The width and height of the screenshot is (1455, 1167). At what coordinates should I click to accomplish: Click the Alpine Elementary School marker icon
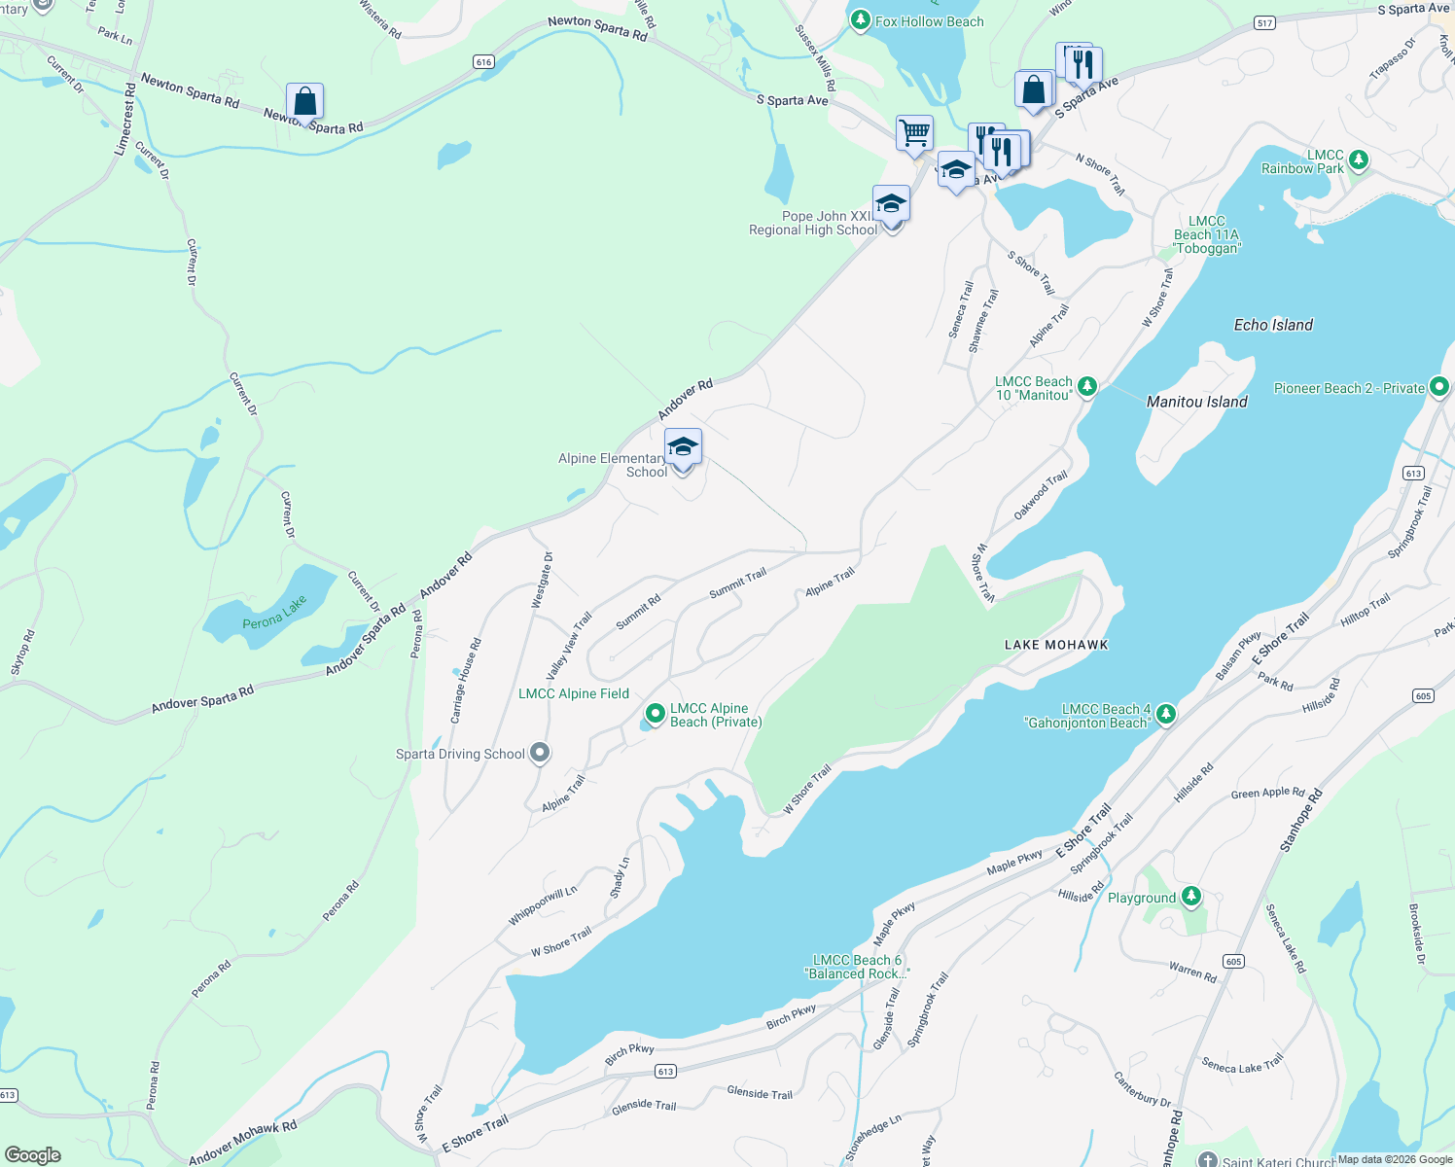tap(683, 447)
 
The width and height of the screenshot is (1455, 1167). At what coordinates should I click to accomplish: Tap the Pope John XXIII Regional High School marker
tap(891, 205)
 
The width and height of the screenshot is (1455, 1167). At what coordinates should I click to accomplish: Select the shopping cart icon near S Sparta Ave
tap(914, 133)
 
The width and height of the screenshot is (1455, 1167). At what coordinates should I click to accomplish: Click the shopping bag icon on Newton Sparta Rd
tap(304, 102)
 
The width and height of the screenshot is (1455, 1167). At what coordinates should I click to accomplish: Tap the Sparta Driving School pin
tap(541, 754)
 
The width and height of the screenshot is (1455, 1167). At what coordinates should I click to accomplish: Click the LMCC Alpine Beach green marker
tap(656, 715)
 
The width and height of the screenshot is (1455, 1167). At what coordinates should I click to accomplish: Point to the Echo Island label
tap(1273, 325)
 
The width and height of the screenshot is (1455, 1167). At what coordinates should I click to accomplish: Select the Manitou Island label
tap(1196, 402)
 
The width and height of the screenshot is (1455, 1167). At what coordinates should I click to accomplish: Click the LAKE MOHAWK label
tap(1056, 645)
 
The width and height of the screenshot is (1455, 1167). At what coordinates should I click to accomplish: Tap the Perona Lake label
tap(274, 613)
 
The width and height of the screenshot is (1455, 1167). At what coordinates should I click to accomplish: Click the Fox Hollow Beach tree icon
tap(860, 21)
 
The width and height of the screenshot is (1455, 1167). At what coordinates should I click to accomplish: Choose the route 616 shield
tap(483, 62)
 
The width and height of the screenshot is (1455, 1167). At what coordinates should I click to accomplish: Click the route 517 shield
tap(1264, 23)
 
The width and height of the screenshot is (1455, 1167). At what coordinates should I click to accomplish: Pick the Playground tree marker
tap(1191, 898)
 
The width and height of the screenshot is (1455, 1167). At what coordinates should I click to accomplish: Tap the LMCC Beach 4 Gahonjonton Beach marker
tap(1165, 715)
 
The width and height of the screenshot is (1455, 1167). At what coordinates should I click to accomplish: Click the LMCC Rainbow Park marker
tap(1359, 160)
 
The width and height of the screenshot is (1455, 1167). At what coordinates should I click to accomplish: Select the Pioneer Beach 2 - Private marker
tap(1439, 388)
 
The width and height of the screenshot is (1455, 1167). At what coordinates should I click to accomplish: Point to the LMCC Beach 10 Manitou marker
tap(1087, 387)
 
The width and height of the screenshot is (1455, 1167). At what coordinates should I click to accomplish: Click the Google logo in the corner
tap(33, 1154)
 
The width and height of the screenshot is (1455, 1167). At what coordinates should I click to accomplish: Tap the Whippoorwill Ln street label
tap(543, 906)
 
